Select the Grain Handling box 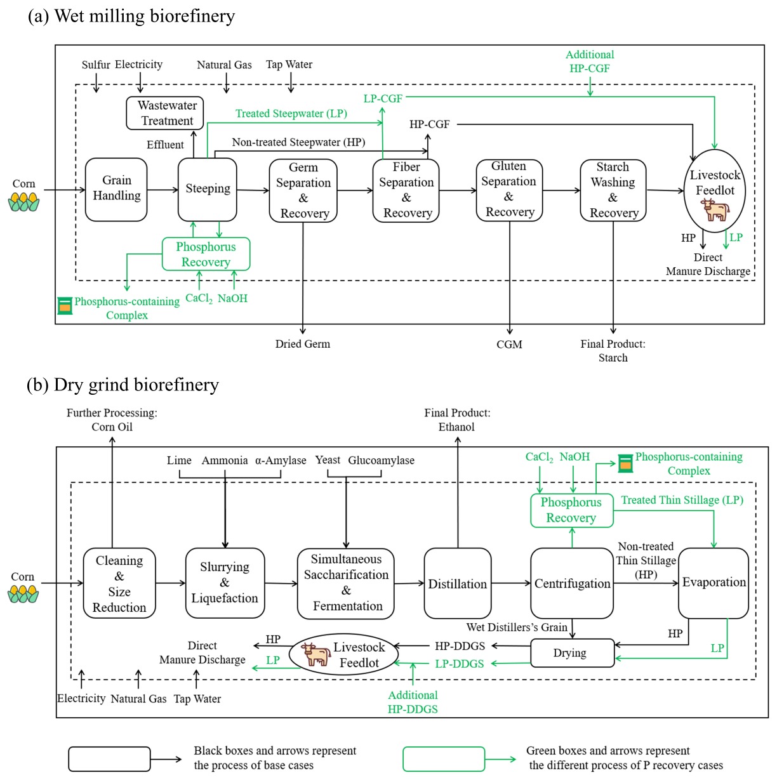[x=116, y=189]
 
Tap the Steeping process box [x=208, y=189]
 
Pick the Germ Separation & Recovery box [x=303, y=190]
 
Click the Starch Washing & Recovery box [x=613, y=190]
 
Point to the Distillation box [x=457, y=583]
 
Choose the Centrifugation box [x=572, y=583]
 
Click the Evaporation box [x=714, y=583]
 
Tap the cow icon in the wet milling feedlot [x=715, y=210]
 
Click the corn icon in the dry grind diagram [x=23, y=594]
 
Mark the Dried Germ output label [x=303, y=344]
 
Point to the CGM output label [x=509, y=345]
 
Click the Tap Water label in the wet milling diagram [x=289, y=65]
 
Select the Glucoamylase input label [x=381, y=461]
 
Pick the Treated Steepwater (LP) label [x=291, y=114]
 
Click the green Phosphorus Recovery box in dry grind [x=571, y=510]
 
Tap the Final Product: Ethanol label [x=457, y=420]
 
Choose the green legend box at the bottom [x=444, y=758]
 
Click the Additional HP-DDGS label [x=413, y=702]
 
